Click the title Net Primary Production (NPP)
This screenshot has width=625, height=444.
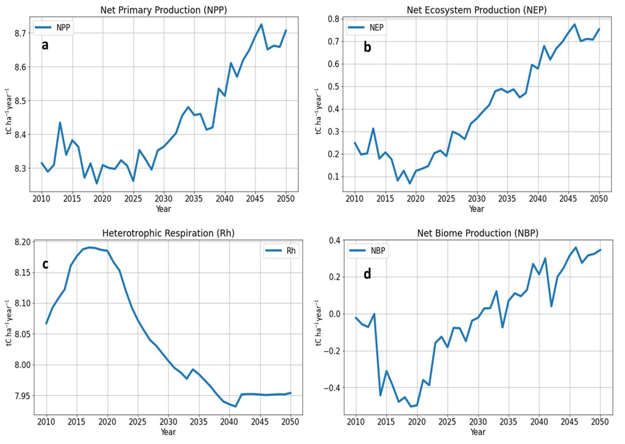click(163, 10)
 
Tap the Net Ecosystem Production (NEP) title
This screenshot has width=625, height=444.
click(476, 10)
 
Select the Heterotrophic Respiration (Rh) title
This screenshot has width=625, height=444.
click(168, 233)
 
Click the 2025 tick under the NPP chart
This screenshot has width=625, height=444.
click(133, 199)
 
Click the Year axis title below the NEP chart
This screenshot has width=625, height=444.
click(476, 209)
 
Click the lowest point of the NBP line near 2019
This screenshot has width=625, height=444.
click(411, 407)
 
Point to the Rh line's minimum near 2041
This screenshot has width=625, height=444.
click(235, 407)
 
